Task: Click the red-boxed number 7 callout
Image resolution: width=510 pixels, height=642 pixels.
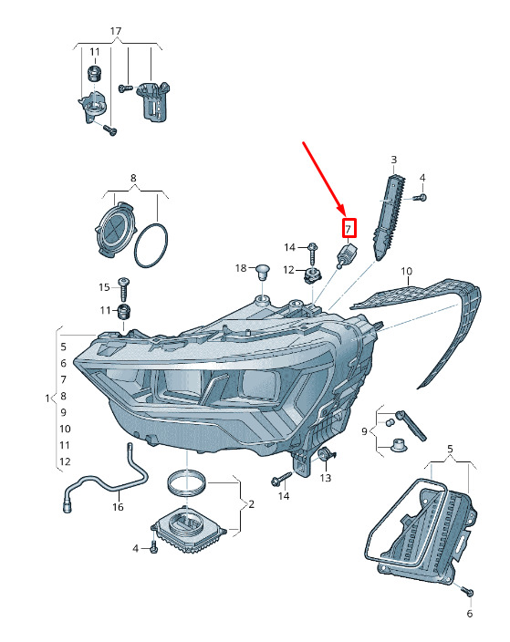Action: pos(349,229)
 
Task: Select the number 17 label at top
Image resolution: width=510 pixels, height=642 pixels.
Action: pos(116,31)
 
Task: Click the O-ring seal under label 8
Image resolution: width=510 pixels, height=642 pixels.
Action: pos(151,245)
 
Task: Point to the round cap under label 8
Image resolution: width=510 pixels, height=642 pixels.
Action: pos(116,229)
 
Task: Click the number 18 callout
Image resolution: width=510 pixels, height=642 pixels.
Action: pos(241,268)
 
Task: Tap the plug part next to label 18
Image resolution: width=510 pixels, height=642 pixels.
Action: pos(261,272)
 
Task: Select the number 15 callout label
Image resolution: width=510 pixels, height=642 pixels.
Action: pos(104,287)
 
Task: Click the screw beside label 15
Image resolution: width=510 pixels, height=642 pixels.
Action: pos(123,289)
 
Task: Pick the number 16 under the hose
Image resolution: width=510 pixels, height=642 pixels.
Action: pos(118,507)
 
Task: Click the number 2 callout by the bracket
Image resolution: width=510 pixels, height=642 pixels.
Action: pos(251,504)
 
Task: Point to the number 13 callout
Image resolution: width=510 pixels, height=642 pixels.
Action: pos(326,478)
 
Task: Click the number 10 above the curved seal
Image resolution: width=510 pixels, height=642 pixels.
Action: pos(406,271)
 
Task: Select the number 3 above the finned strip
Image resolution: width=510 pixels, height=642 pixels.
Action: pos(393,160)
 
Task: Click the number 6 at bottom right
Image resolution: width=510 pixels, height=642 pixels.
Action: pos(470,614)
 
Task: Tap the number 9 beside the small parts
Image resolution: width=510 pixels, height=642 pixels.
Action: pos(364,431)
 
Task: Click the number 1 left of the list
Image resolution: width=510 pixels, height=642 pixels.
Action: pos(47,398)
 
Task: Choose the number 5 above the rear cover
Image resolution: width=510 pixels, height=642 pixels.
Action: pos(450,450)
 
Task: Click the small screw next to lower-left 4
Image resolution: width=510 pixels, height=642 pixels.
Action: pos(154,547)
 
